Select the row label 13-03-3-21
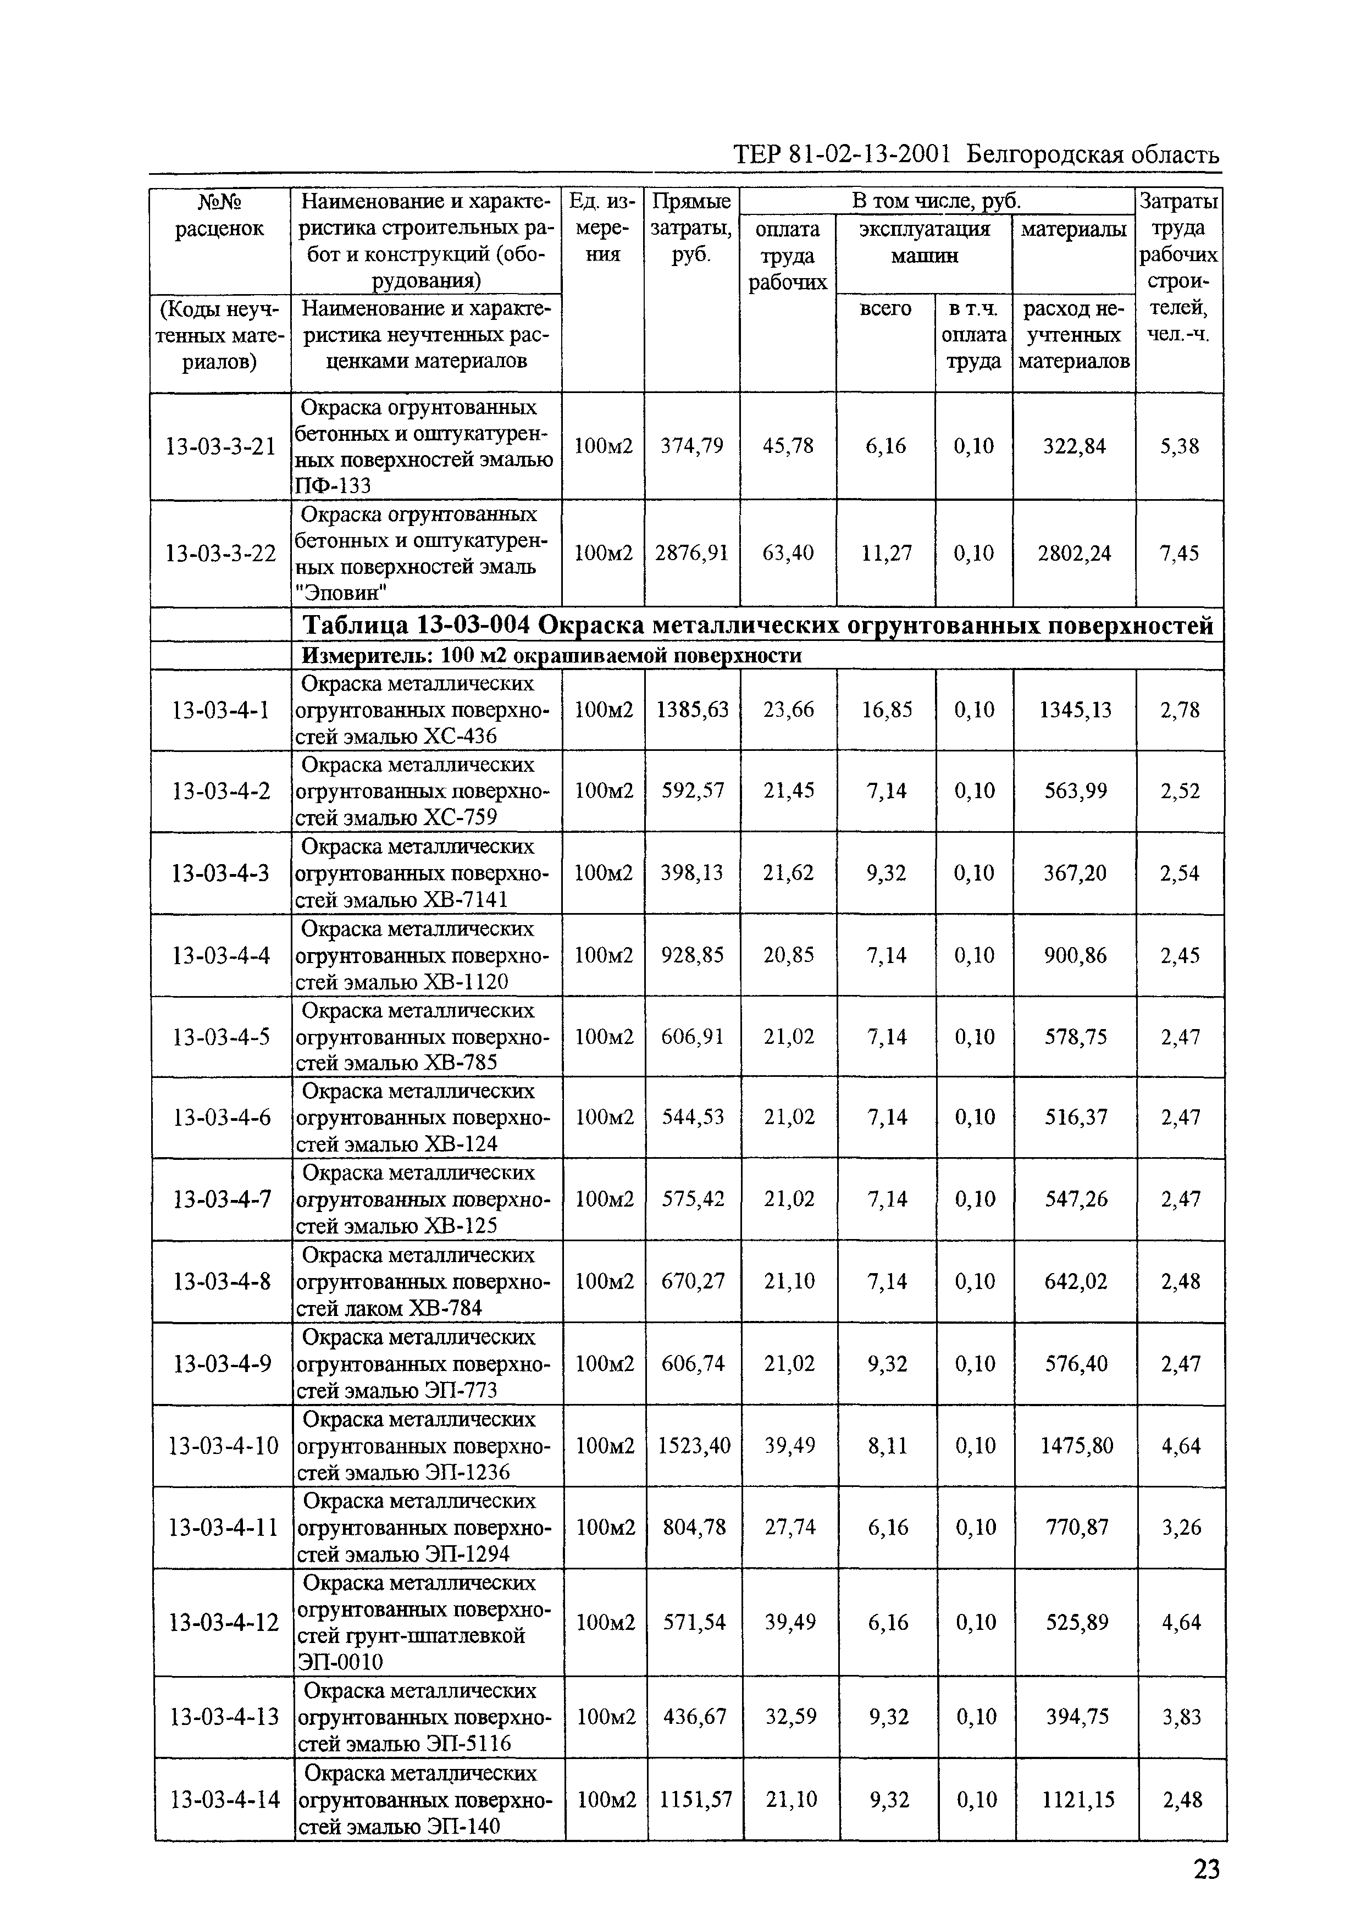[220, 446]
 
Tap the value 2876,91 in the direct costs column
[691, 553]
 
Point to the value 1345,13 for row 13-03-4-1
[1075, 710]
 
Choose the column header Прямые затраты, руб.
[691, 227]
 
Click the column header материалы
[1073, 229]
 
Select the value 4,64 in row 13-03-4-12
[1181, 1622]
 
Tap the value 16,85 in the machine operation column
[887, 710]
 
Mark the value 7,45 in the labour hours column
[1179, 553]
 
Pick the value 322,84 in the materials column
[1074, 446]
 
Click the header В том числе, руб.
[936, 201]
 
